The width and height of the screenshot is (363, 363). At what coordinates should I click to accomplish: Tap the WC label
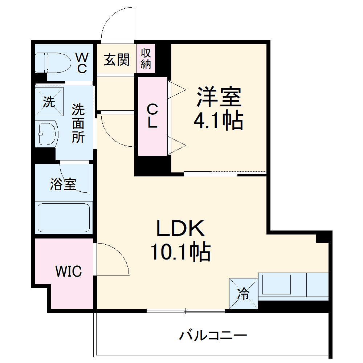pyautogui.click(x=82, y=62)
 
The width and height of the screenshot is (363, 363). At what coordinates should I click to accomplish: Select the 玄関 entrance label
pyautogui.click(x=117, y=60)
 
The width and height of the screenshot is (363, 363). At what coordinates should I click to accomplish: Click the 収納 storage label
pyautogui.click(x=146, y=59)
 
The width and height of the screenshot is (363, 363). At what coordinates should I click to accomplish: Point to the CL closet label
pyautogui.click(x=152, y=116)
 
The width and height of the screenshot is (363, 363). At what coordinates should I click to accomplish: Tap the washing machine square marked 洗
pyautogui.click(x=49, y=102)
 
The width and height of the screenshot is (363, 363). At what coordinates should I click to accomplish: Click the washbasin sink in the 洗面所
pyautogui.click(x=47, y=134)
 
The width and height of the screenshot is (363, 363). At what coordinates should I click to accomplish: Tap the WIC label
pyautogui.click(x=69, y=271)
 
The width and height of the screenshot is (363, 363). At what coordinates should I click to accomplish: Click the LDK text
pyautogui.click(x=180, y=229)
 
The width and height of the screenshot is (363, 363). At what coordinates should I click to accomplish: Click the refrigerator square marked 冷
pyautogui.click(x=243, y=293)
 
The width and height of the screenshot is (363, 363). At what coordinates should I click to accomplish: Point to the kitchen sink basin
pyautogui.click(x=276, y=285)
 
